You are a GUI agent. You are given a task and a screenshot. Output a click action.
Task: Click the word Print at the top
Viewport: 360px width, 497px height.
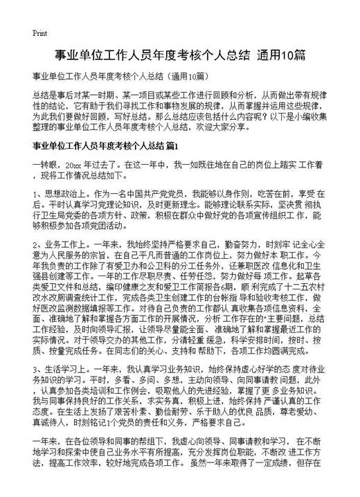tap(39, 33)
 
